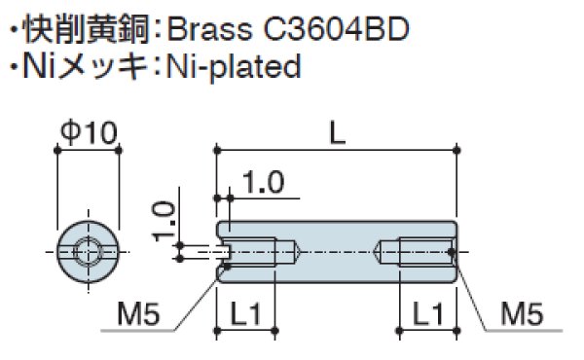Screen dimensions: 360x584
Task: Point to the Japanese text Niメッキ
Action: pos(90,67)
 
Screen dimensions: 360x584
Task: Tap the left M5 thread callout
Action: pos(140,313)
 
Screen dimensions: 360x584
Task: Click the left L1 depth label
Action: pos(247,313)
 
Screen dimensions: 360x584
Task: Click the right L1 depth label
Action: pos(425,313)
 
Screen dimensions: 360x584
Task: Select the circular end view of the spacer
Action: pos(88,251)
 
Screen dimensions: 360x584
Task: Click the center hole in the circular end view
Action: pos(88,251)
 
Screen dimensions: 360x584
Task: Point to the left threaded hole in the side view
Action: pos(257,251)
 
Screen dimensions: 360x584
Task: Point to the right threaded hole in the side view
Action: pos(416,251)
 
